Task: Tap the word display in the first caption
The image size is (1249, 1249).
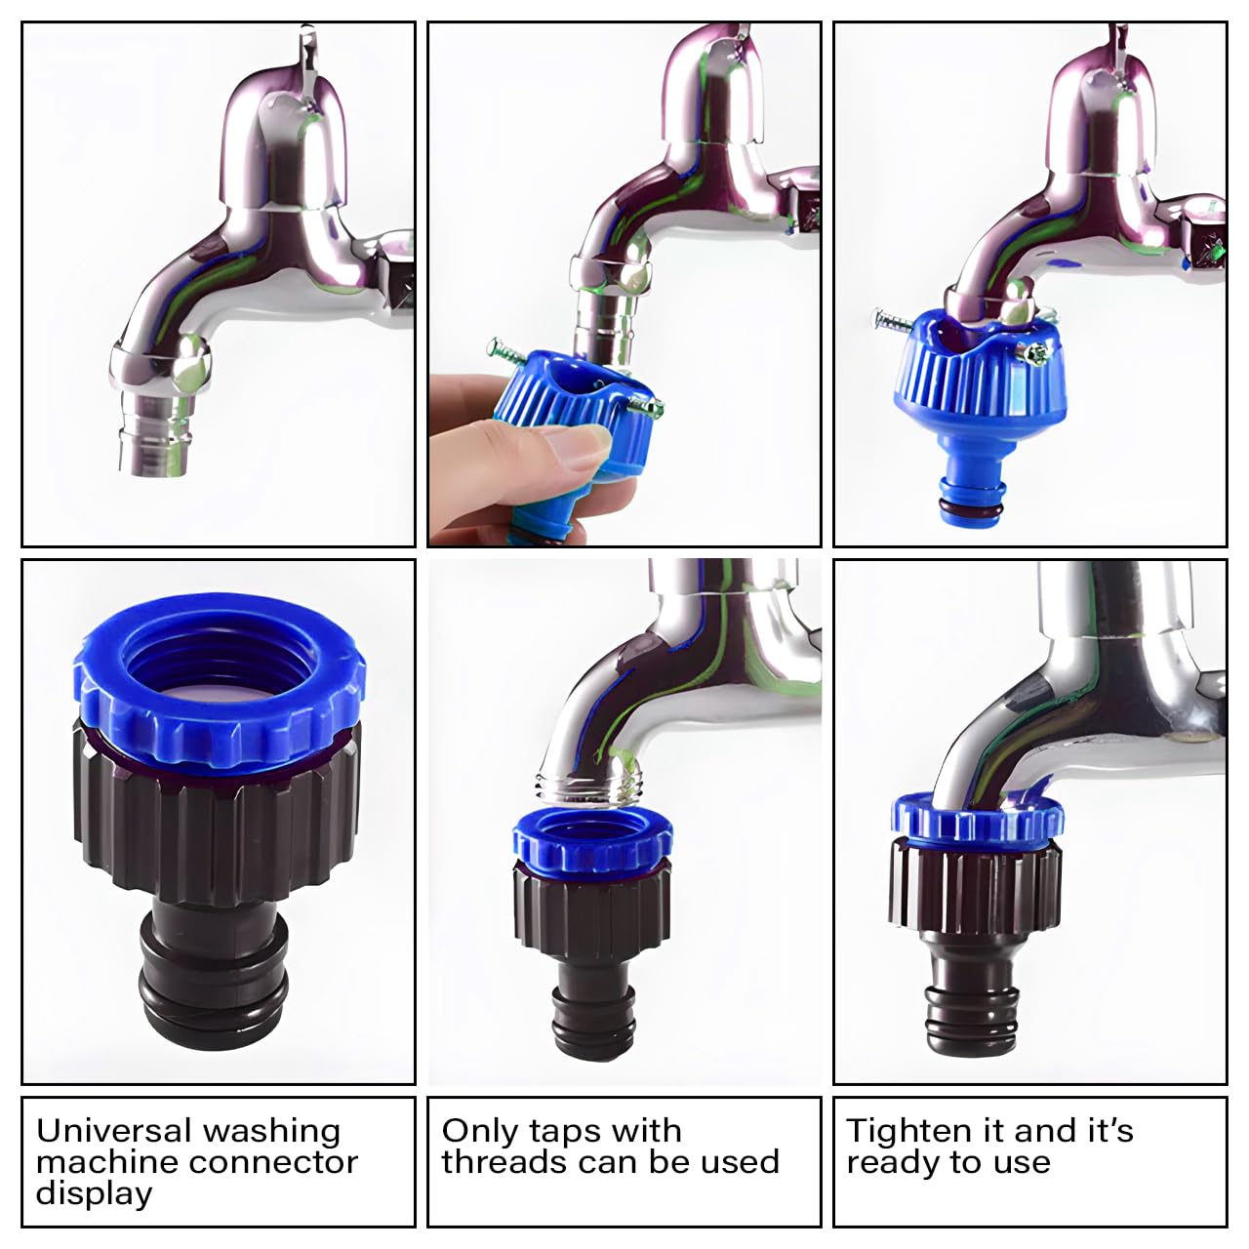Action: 94,1193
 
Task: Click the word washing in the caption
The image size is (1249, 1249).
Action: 271,1132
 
